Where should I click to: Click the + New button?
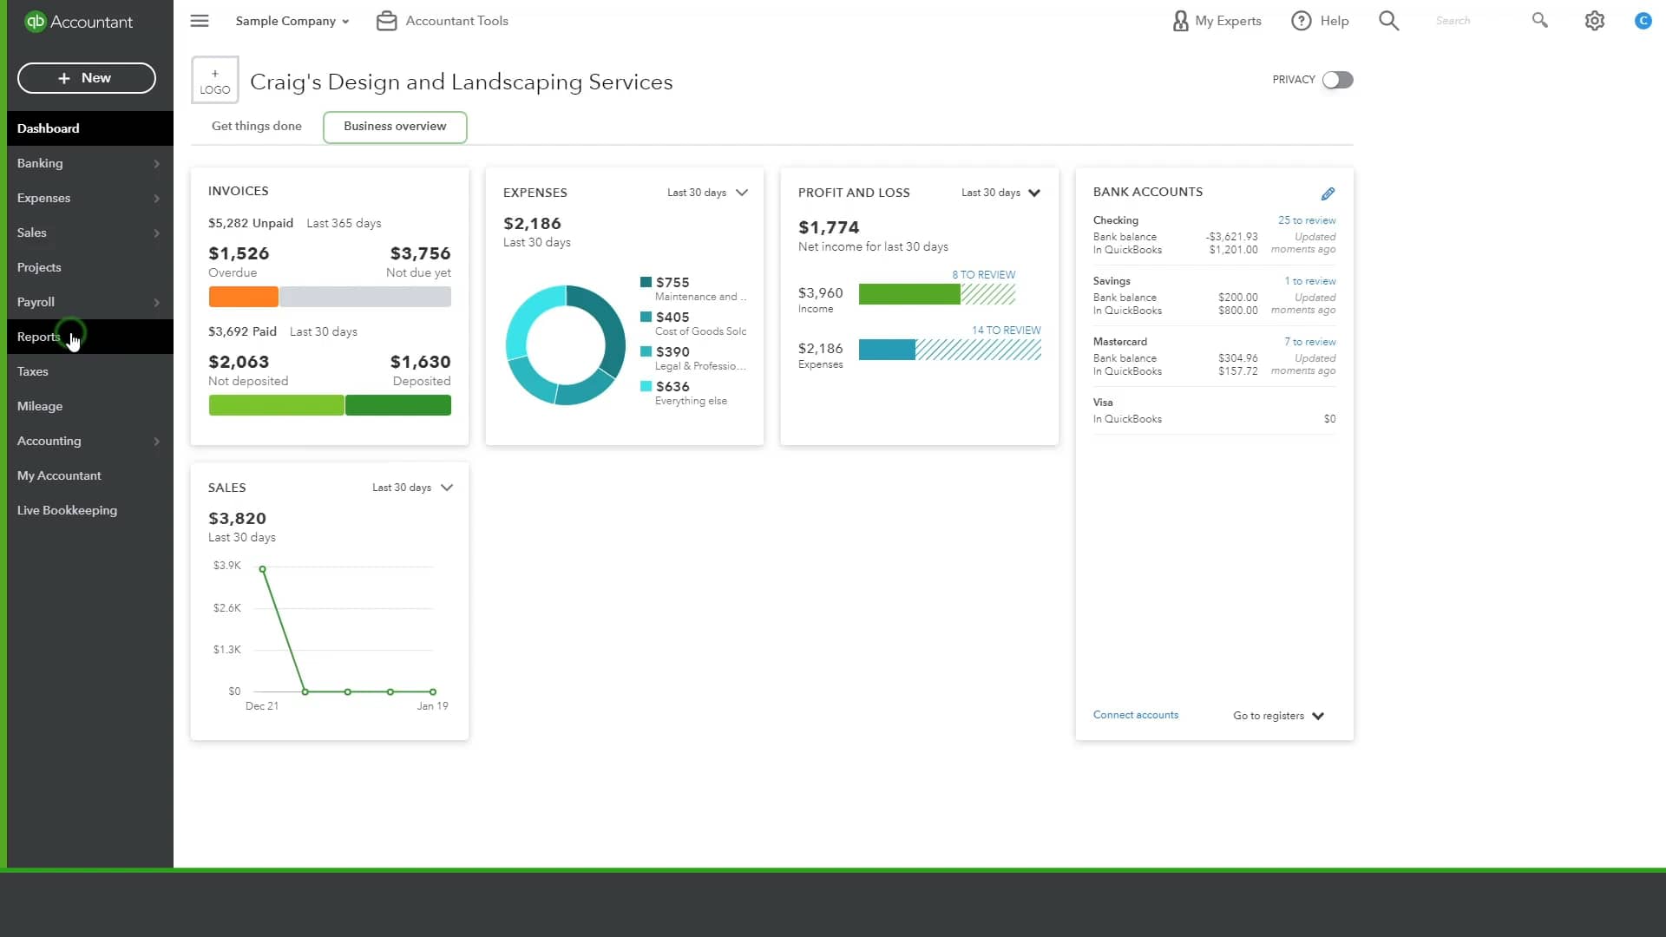coord(86,78)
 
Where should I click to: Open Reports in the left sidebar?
coord(39,337)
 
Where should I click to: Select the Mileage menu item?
coord(40,406)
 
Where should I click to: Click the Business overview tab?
coord(395,127)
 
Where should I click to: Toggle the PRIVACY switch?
coord(1337,80)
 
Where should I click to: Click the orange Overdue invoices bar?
coord(243,297)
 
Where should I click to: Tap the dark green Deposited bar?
coord(398,405)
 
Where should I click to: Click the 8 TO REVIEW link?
coord(983,275)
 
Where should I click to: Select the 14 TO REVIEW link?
coord(1006,331)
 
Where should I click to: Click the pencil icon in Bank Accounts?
coord(1328,193)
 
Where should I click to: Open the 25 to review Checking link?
coord(1306,220)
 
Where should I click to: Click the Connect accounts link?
coord(1135,715)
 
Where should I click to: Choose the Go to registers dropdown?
coord(1278,716)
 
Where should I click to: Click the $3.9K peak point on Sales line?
coord(262,569)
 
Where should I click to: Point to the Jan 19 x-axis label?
coord(432,706)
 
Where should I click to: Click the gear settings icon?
coord(1594,21)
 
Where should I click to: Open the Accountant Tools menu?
coord(443,21)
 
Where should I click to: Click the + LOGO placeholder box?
coord(214,81)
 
